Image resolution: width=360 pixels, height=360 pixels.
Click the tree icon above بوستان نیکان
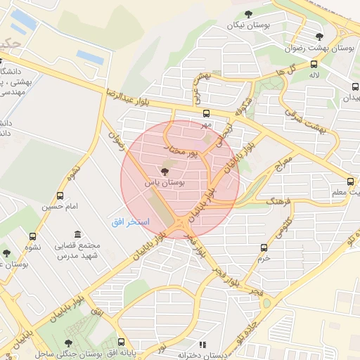tap(247, 14)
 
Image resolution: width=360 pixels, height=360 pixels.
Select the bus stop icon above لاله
tap(313, 64)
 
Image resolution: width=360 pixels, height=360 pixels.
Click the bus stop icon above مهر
tap(206, 114)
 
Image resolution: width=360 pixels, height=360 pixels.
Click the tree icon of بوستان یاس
tap(165, 170)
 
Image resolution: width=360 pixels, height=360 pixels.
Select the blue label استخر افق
tap(127, 221)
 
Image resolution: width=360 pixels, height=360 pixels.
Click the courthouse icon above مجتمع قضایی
tap(77, 234)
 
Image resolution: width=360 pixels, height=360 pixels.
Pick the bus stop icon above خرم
tap(264, 247)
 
